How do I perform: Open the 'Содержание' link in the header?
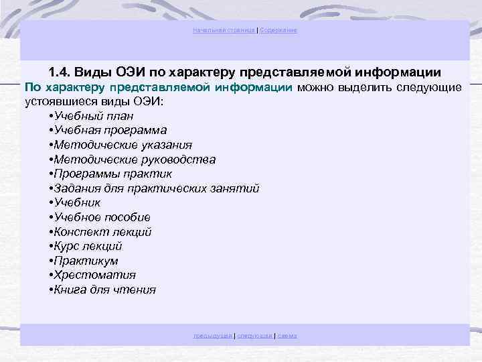[278, 31]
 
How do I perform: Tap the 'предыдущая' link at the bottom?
[213, 335]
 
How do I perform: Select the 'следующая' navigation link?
[255, 335]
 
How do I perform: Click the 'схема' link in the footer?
[287, 335]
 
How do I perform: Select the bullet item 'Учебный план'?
[90, 116]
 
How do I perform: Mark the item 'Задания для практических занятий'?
[153, 188]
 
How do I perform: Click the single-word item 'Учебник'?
[77, 202]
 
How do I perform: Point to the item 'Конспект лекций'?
[102, 232]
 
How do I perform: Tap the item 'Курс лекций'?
[88, 246]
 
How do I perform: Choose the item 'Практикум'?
[86, 261]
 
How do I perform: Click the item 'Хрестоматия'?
[94, 275]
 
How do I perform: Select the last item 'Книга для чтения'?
[104, 290]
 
